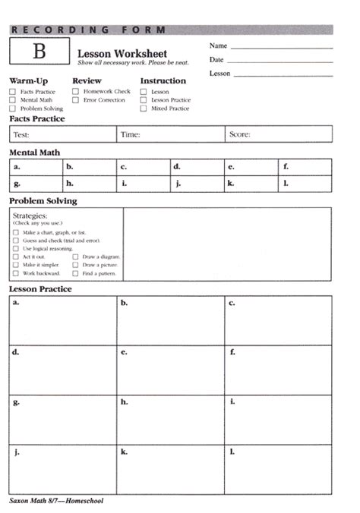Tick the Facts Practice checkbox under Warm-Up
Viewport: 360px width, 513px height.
[13, 92]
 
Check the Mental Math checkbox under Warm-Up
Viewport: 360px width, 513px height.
[13, 100]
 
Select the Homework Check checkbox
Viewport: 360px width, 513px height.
[76, 92]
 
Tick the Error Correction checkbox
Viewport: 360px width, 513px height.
[76, 100]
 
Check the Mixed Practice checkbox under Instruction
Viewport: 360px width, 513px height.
[144, 109]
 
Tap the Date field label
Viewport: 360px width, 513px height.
[216, 60]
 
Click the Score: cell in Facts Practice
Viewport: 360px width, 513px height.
[278, 135]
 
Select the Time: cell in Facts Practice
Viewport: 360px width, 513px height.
[170, 135]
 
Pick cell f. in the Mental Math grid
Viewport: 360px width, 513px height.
[305, 167]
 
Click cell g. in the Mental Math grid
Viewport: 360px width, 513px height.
[36, 184]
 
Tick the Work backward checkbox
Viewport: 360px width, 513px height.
[16, 273]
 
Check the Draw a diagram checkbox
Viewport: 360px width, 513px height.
[76, 256]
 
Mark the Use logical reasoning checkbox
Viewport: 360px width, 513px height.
[16, 248]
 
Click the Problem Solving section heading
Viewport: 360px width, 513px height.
[43, 201]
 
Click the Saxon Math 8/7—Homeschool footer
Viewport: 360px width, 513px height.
[56, 501]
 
